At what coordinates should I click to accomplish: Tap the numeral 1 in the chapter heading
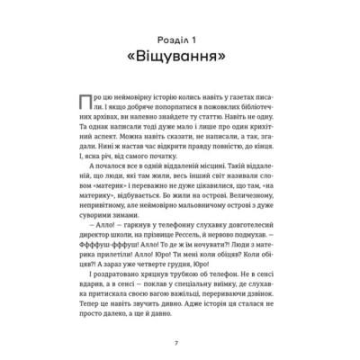click(x=203, y=40)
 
